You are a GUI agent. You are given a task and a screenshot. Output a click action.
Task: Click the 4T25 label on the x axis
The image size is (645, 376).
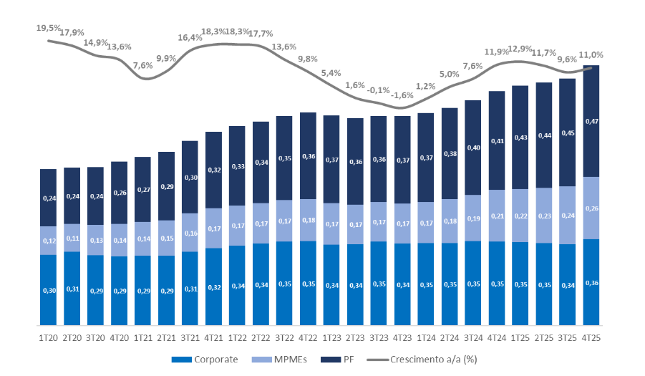point(592,336)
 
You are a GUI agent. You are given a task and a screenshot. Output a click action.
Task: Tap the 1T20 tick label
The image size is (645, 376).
point(49,336)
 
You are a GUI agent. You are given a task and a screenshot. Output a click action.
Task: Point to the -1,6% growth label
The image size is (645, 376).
point(403,95)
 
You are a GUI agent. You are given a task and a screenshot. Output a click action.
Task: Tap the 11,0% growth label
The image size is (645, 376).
point(592,54)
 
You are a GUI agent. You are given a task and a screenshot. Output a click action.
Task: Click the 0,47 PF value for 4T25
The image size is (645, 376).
point(592,122)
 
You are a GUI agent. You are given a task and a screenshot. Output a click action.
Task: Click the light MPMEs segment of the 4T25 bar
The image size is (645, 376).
point(592,208)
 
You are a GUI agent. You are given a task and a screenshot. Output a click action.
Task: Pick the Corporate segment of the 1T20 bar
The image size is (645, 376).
point(49,290)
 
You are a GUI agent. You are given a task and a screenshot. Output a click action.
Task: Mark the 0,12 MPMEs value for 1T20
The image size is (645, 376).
point(49,241)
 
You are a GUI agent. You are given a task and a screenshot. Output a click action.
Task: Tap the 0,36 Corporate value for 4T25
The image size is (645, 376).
point(592,283)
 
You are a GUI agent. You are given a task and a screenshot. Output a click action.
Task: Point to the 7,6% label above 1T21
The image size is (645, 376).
point(142,65)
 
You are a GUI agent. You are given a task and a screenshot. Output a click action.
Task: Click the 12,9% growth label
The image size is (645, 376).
point(521,49)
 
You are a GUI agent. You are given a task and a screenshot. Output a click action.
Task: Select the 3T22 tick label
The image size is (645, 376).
point(285,336)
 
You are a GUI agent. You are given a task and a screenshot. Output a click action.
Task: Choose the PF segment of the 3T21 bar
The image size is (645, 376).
point(190,177)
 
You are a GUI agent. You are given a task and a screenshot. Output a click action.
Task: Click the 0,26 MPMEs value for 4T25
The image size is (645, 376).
point(592,208)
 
